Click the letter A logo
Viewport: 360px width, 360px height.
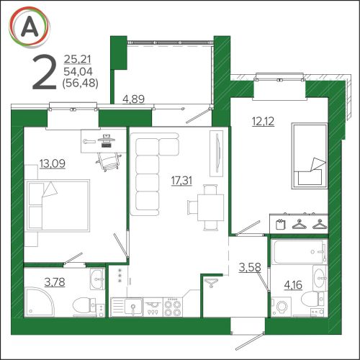click(x=30, y=27)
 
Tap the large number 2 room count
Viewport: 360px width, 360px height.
click(x=45, y=72)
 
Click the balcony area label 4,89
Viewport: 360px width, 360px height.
click(x=133, y=99)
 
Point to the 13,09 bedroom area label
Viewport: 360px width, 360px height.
click(x=53, y=163)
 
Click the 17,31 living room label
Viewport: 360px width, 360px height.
click(x=181, y=181)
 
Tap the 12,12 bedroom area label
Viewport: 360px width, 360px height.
click(x=263, y=122)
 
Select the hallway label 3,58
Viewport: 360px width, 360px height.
click(x=250, y=267)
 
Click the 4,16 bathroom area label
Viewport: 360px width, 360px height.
click(x=293, y=285)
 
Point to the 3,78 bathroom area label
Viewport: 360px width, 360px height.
click(x=55, y=282)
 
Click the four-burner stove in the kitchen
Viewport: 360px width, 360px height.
click(x=173, y=307)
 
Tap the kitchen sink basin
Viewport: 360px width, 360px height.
click(x=133, y=307)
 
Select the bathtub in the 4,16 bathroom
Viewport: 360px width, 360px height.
click(x=299, y=252)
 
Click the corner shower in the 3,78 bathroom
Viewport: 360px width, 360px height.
click(x=40, y=302)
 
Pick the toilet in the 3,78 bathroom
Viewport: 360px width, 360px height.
click(x=84, y=306)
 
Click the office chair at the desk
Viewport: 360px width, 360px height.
click(x=109, y=161)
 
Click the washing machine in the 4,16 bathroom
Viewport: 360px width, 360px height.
click(x=281, y=307)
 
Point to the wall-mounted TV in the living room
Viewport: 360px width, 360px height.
click(x=217, y=153)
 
